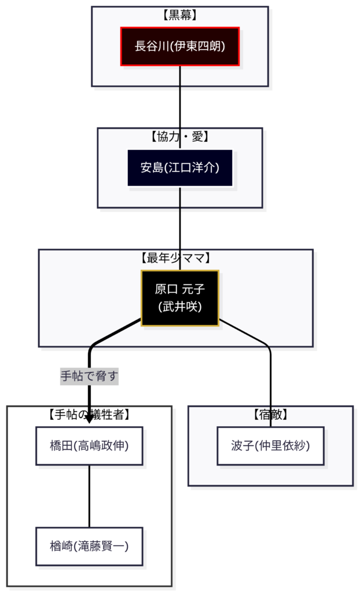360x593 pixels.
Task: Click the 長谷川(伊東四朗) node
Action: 180,46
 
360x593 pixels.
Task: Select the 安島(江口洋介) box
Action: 180,168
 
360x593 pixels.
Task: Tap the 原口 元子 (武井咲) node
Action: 180,298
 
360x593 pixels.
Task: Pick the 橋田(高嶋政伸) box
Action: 89,446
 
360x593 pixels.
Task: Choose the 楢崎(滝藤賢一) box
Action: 89,546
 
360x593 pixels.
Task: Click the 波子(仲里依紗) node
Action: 270,446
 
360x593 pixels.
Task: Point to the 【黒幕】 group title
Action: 180,16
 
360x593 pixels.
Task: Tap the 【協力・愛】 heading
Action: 180,137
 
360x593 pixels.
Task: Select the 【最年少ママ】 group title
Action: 176,258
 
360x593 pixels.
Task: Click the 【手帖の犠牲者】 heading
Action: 89,415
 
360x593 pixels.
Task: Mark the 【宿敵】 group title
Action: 270,415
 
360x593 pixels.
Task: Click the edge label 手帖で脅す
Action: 89,377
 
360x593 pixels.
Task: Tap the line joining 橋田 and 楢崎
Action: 89,496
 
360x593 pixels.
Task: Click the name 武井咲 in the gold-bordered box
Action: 180,307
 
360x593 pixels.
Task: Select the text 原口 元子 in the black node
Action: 180,289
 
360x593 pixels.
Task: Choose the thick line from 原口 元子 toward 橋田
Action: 116,334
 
